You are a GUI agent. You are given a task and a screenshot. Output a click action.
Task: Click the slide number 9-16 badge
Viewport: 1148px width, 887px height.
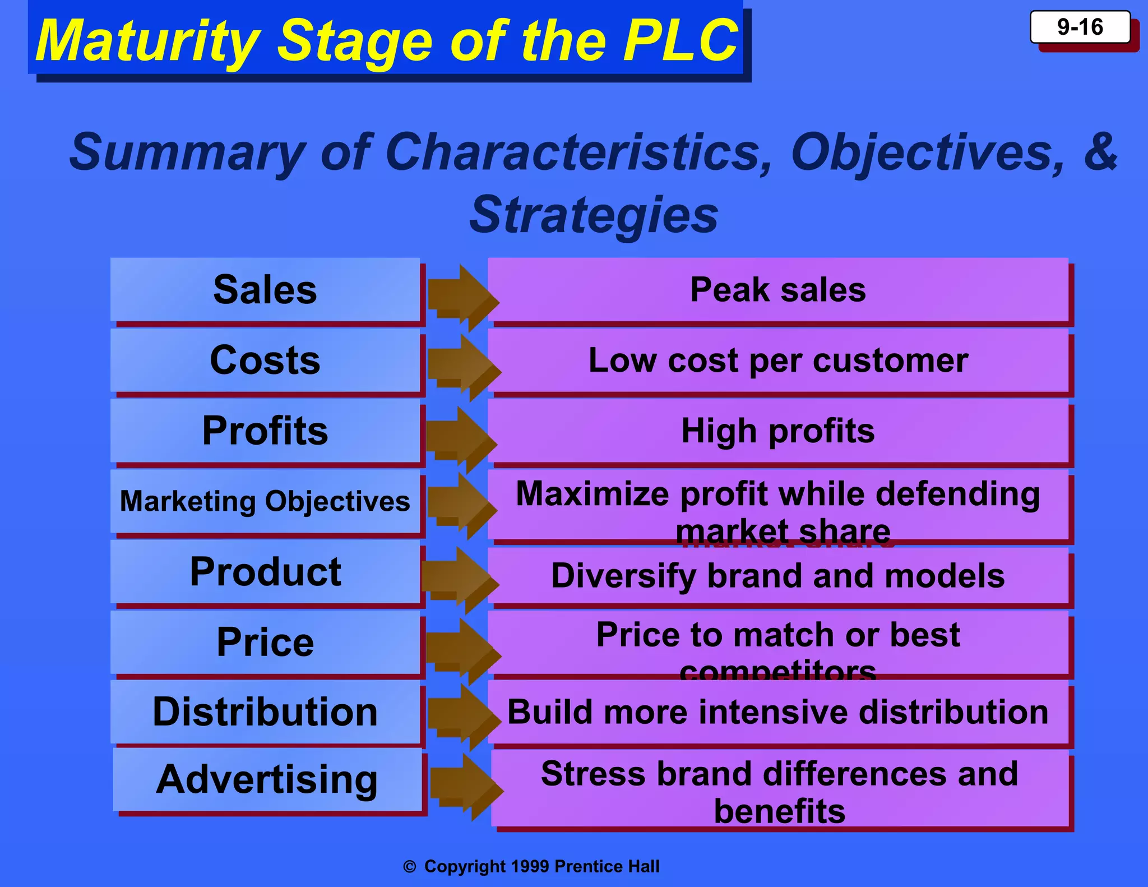pyautogui.click(x=1080, y=27)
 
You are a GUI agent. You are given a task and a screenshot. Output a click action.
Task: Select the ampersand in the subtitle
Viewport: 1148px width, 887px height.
pyautogui.click(x=1100, y=152)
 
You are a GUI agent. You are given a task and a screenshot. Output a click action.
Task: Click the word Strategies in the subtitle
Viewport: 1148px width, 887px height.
pyautogui.click(x=594, y=215)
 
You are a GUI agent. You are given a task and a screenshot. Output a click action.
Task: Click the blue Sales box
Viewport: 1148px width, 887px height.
pyautogui.click(x=265, y=290)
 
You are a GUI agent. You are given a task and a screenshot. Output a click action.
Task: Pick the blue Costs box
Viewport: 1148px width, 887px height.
pyautogui.click(x=265, y=360)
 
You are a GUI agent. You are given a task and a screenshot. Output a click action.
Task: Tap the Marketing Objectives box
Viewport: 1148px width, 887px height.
pyautogui.click(x=265, y=501)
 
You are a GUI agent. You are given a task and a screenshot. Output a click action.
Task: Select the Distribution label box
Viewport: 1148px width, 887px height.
pyautogui.click(x=265, y=712)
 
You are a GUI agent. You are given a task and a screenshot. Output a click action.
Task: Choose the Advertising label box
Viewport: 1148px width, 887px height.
pyautogui.click(x=267, y=779)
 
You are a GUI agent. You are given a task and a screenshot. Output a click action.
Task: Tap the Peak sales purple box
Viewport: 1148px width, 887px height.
pyautogui.click(x=778, y=290)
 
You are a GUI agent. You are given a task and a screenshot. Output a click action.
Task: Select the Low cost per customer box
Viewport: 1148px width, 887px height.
pyautogui.click(x=778, y=360)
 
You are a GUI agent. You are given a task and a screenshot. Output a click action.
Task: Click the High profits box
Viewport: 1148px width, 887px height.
pyautogui.click(x=778, y=431)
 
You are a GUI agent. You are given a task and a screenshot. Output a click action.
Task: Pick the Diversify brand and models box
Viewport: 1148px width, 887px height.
pyautogui.click(x=778, y=576)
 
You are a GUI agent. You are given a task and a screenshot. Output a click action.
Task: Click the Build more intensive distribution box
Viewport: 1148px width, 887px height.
pyautogui.click(x=778, y=712)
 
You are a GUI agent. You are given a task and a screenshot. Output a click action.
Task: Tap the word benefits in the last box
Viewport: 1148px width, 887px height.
pyautogui.click(x=779, y=811)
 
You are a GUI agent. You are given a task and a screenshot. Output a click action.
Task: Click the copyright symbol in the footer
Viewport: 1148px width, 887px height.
pyautogui.click(x=410, y=867)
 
